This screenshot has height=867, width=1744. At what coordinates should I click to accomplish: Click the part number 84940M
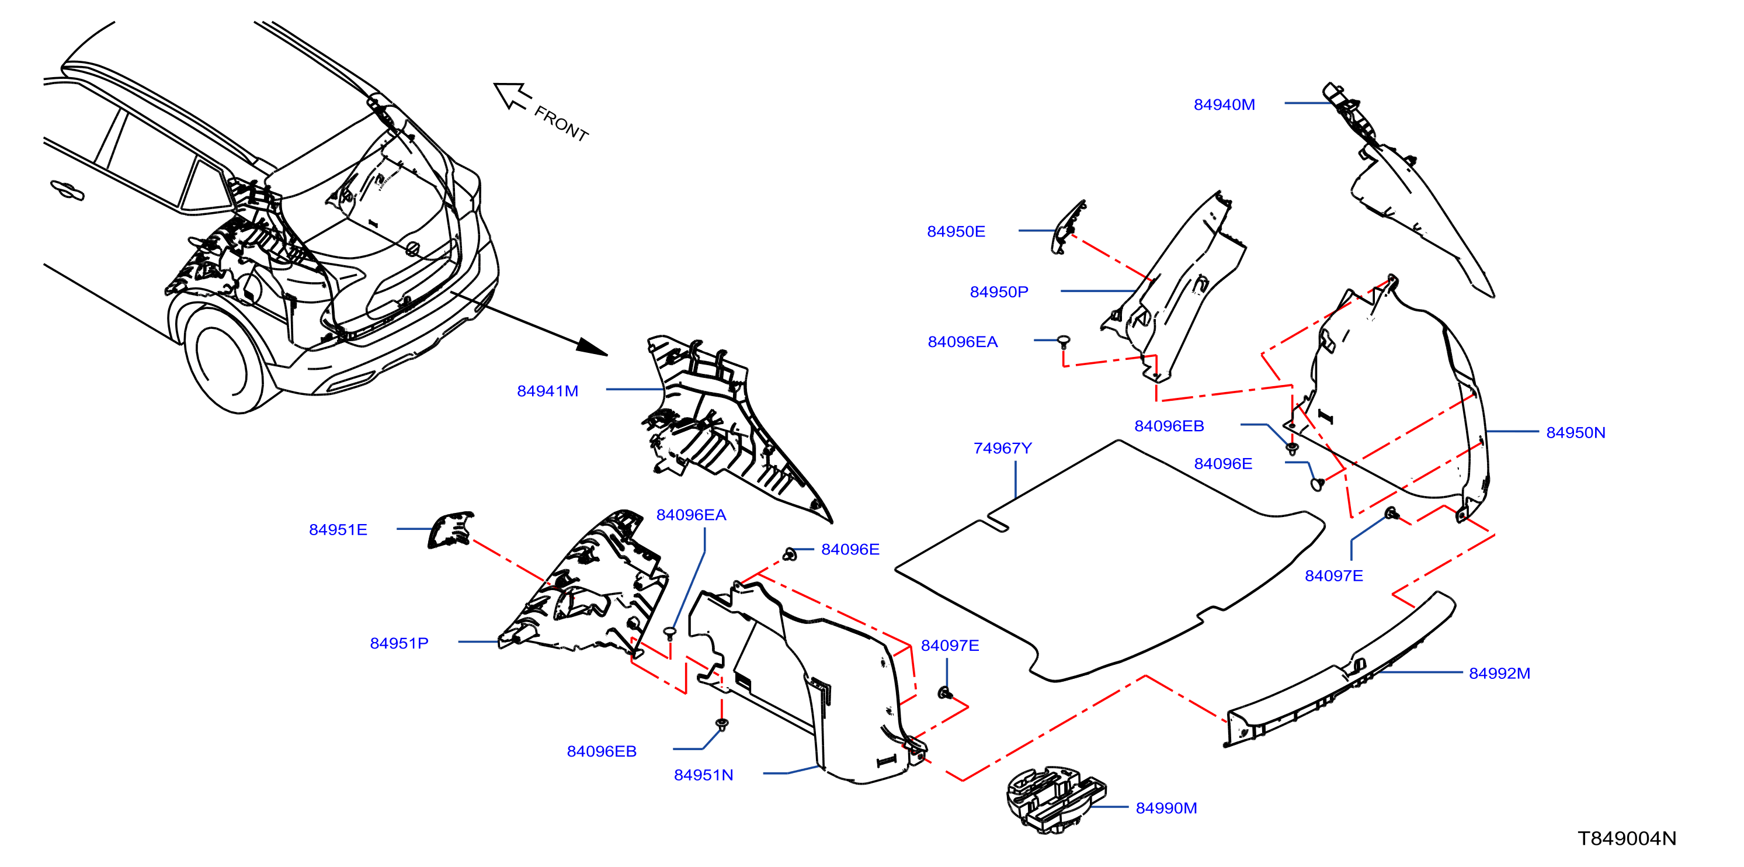[x=1224, y=105]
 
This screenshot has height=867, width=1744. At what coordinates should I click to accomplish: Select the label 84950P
[x=999, y=292]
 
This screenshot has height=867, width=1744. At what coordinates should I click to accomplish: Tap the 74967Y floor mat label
[x=1003, y=449]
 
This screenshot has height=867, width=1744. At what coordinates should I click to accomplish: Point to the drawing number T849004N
[x=1627, y=838]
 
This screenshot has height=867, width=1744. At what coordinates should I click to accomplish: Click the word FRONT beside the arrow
[x=561, y=123]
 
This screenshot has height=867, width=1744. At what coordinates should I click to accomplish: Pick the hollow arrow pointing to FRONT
[x=512, y=95]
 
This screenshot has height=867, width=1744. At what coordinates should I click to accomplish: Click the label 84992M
[x=1500, y=673]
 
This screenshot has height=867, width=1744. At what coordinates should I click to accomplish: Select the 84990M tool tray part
[x=1055, y=800]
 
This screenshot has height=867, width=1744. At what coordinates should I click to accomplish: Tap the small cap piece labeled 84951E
[x=451, y=529]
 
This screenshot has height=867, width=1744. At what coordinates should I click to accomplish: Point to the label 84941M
[x=548, y=391]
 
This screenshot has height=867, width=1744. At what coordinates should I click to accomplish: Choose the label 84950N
[x=1575, y=433]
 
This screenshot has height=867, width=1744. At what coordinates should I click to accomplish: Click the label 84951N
[x=703, y=775]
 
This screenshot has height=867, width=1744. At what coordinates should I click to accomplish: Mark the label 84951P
[x=399, y=643]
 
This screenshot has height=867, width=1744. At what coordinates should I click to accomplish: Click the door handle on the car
[x=68, y=191]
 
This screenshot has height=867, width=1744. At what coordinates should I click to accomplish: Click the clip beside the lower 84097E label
[x=946, y=692]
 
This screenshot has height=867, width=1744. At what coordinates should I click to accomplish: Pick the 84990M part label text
[x=1166, y=808]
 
